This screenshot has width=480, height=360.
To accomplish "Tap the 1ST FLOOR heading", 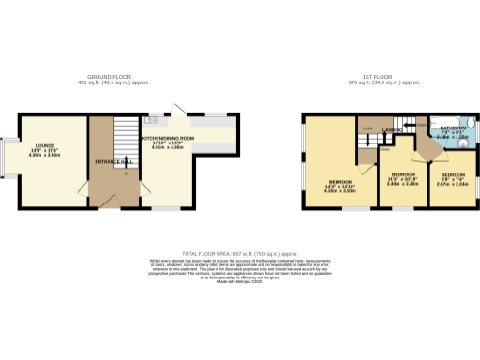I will pos(369,77).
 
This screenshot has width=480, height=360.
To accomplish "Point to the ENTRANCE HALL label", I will pos(112,162).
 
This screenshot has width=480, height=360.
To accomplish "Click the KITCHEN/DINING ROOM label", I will pos(168,139).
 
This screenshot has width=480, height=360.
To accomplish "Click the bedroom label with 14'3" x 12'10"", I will pos(339,182).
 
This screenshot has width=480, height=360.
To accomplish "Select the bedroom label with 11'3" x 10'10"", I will pos(403,174).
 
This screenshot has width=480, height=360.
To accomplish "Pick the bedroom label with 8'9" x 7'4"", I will pos(453,175).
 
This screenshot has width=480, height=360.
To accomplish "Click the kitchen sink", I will pos(151,120).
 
